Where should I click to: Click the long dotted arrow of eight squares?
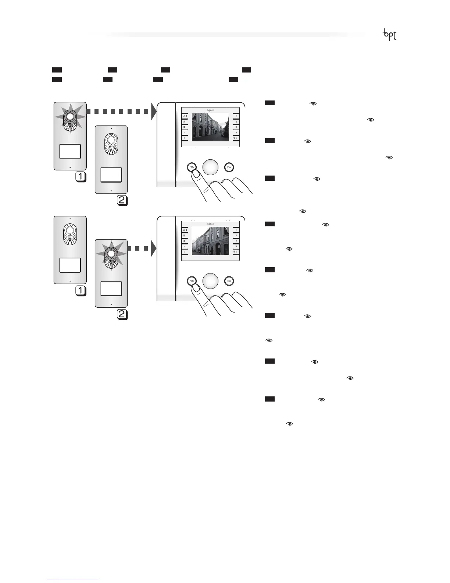coord(118,111)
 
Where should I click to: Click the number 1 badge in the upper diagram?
coord(81,177)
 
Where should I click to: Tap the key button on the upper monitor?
coord(229,167)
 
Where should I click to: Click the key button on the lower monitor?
coord(229,281)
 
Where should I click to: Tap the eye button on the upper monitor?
coord(191,167)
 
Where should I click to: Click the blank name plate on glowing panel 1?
coord(70,151)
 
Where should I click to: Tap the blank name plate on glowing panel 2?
coord(111,289)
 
